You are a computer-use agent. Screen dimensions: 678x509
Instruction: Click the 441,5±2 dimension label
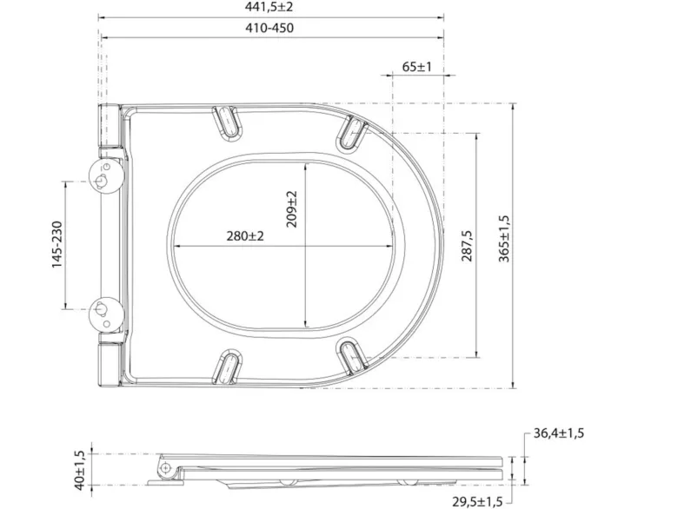pyautogui.click(x=269, y=7)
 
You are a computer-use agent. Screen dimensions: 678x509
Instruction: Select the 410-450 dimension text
pyautogui.click(x=269, y=28)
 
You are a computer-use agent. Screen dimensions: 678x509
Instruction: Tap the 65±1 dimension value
pyautogui.click(x=417, y=67)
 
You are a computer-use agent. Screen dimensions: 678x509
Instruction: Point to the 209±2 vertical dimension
pyautogui.click(x=292, y=209)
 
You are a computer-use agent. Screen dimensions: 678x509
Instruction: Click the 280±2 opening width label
pyautogui.click(x=245, y=236)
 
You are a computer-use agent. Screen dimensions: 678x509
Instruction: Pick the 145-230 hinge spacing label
pyautogui.click(x=57, y=245)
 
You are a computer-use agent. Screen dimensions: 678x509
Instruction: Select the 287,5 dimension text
pyautogui.click(x=467, y=246)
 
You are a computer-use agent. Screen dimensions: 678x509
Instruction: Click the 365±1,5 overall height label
pyautogui.click(x=504, y=239)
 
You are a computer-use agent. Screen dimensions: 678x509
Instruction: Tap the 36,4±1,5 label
pyautogui.click(x=559, y=433)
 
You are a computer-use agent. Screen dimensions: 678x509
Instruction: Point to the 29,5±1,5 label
pyautogui.click(x=477, y=502)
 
